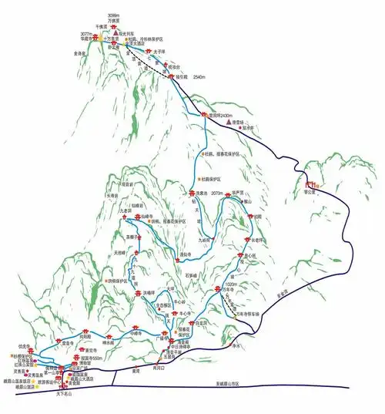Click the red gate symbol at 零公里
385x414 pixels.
[313, 184]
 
